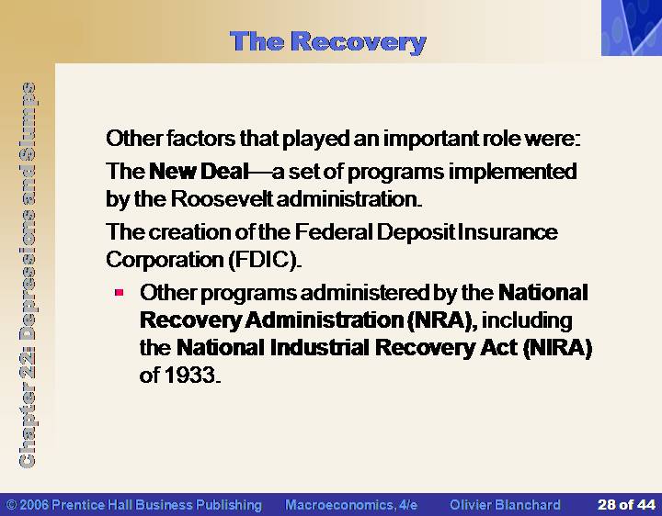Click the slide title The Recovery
pos(328,42)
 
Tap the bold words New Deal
pos(199,171)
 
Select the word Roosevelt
pos(222,198)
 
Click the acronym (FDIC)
pos(264,259)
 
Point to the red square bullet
pos(119,292)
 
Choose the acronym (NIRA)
pos(557,348)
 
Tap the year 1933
pos(189,375)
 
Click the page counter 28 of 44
pos(626,504)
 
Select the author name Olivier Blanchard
pos(505,505)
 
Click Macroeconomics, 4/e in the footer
pos(351,505)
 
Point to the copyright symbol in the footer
pos(12,505)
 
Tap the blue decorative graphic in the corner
pos(632,28)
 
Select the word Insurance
pos(508,232)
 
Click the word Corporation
pos(165,260)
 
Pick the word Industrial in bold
pos(319,348)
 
